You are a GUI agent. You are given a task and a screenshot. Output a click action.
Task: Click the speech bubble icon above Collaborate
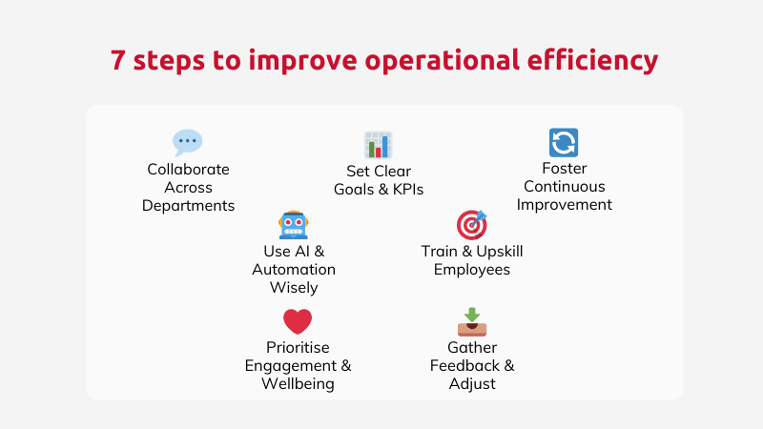(187, 142)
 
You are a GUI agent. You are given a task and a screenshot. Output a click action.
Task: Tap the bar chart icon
(378, 145)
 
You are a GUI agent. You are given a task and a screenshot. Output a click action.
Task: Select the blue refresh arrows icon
(564, 142)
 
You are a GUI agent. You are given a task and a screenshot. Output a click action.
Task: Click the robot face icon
(294, 225)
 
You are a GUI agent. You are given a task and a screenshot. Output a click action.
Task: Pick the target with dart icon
(471, 225)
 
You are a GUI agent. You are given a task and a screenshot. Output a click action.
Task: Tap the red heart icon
(298, 321)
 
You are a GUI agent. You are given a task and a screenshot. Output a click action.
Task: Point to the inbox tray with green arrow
(472, 322)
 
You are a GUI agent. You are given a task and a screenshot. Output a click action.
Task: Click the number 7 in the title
(117, 60)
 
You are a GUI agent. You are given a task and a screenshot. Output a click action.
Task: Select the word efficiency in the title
(592, 60)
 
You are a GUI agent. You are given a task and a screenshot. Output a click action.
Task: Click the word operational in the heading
(443, 60)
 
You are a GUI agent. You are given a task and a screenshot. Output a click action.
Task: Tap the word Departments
(188, 206)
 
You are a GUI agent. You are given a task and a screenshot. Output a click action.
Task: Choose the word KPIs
(408, 189)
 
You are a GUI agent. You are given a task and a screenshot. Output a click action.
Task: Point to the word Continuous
(565, 186)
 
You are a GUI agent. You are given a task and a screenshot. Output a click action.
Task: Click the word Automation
(294, 270)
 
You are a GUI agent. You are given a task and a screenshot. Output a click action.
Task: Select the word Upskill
(500, 252)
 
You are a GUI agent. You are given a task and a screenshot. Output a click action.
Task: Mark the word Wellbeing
(298, 384)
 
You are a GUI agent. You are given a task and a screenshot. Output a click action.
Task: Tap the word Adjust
(472, 384)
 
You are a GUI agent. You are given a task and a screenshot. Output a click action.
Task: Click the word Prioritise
(298, 348)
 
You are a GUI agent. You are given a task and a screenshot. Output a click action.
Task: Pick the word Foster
(565, 169)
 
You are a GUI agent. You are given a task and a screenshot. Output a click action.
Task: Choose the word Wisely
(294, 288)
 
